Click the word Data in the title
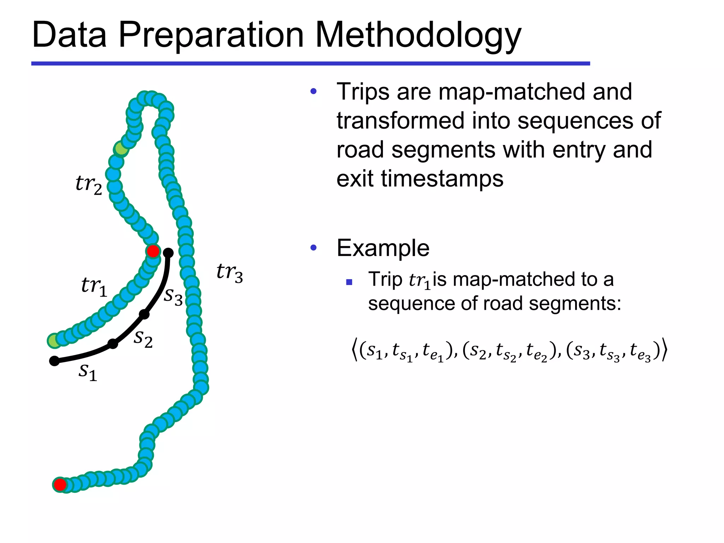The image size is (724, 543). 69,35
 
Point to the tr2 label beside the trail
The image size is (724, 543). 89,185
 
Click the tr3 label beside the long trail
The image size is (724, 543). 230,273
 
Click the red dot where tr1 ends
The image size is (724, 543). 153,251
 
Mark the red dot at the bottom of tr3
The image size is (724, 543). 60,484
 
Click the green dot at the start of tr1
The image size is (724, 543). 54,341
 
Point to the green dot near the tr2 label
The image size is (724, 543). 121,149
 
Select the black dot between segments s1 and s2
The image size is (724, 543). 113,343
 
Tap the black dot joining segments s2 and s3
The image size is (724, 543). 144,314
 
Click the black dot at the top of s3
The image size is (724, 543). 169,253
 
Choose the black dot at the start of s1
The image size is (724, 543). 54,361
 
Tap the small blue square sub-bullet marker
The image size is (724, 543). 349,282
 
